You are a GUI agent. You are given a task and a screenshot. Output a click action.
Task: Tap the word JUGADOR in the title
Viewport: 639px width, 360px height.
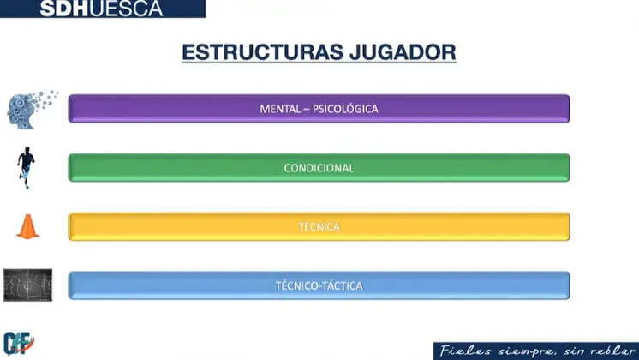(403, 52)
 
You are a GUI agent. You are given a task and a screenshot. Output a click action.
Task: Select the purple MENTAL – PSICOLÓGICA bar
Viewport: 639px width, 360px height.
(319, 109)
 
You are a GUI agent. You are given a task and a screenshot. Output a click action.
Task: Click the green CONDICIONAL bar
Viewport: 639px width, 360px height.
(319, 167)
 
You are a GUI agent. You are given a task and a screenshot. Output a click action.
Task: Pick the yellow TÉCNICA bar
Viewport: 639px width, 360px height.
(319, 226)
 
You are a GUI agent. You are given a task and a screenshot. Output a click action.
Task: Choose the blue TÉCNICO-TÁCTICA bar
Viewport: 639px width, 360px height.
(319, 285)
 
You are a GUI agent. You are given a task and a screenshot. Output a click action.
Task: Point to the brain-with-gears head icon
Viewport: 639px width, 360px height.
(32, 109)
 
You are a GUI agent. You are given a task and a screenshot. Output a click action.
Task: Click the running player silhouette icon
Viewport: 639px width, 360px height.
(26, 167)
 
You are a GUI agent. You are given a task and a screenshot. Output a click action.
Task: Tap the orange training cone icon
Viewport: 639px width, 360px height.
(27, 226)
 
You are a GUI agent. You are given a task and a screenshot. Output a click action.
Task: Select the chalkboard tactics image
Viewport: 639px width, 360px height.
(27, 285)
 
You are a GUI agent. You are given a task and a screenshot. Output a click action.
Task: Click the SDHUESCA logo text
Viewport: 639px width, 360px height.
(101, 9)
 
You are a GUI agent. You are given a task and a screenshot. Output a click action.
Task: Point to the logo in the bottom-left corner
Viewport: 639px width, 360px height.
(19, 343)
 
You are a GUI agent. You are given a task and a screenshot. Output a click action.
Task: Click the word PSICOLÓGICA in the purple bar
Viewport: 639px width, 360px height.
(345, 109)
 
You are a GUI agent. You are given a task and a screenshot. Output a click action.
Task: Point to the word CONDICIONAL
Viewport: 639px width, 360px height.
(319, 168)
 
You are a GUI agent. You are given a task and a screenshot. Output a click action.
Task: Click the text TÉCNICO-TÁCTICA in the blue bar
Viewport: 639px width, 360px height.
(319, 285)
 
